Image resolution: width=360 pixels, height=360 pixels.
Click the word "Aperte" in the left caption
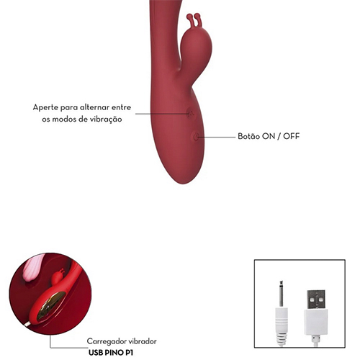(45, 107)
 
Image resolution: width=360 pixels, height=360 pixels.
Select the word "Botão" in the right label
(248, 136)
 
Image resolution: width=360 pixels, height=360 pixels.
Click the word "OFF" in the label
(292, 136)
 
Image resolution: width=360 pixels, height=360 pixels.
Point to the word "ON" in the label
(269, 136)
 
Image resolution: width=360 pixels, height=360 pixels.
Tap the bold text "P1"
(128, 353)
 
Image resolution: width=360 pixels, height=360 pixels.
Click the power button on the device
(196, 137)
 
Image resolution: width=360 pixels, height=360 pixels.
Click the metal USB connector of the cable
(316, 300)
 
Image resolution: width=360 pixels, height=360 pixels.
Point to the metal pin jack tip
(282, 293)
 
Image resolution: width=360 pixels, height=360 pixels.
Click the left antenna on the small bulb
(190, 19)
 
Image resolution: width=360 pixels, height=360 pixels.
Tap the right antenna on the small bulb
(199, 19)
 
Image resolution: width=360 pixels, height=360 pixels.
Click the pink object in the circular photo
(34, 267)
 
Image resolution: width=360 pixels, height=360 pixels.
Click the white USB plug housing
(316, 322)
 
